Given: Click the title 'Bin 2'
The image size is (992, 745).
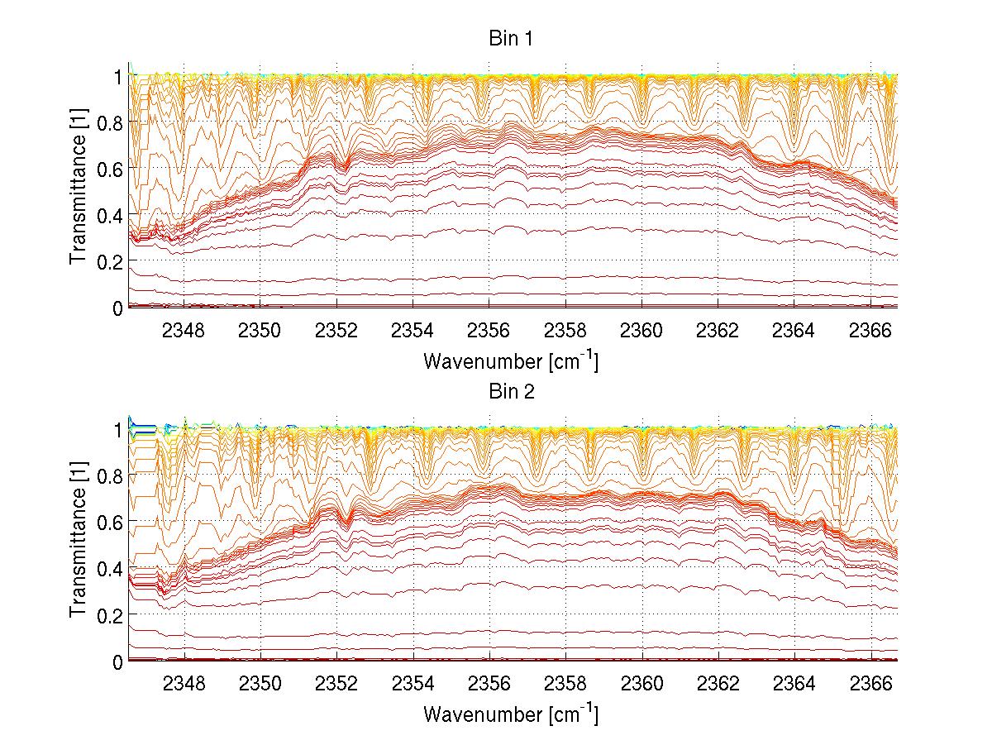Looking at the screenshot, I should coord(513,392).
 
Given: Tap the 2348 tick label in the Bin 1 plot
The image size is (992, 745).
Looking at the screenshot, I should coord(184,331).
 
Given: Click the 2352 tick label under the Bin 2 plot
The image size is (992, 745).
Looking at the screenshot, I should coord(336,685).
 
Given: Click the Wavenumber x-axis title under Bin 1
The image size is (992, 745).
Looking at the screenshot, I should coord(510,361).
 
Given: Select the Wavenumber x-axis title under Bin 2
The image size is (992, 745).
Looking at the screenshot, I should coord(510,714).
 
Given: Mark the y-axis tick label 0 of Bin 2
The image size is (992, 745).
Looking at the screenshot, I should coord(118,661).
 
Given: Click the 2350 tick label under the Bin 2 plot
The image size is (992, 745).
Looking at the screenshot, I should coord(260,685).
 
